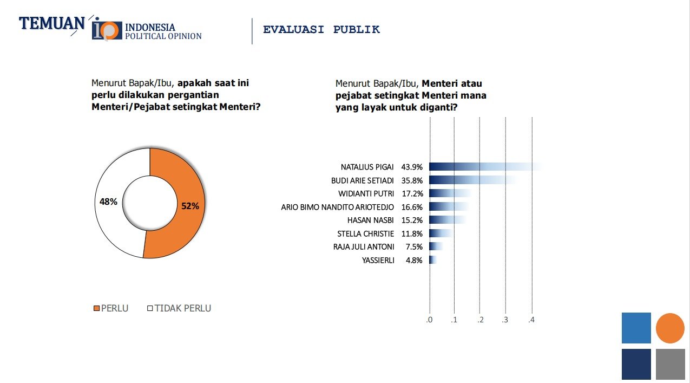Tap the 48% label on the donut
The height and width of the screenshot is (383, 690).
tap(108, 202)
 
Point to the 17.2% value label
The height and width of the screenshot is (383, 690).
tap(412, 193)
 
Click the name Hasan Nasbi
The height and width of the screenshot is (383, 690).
tap(370, 220)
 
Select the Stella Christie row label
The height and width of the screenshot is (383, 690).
tap(365, 233)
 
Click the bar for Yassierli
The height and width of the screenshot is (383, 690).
tap(432, 260)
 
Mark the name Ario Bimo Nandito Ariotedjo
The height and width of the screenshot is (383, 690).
tap(337, 207)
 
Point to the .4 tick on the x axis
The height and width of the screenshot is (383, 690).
tap(531, 320)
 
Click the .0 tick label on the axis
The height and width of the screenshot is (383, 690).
tap(429, 320)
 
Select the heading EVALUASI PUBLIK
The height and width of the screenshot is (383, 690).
tap(321, 30)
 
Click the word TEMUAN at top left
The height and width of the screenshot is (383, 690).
tap(52, 24)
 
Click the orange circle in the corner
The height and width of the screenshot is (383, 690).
tap(670, 328)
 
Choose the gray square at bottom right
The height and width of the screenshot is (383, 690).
tap(670, 364)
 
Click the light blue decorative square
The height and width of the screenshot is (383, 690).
tap(636, 328)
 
